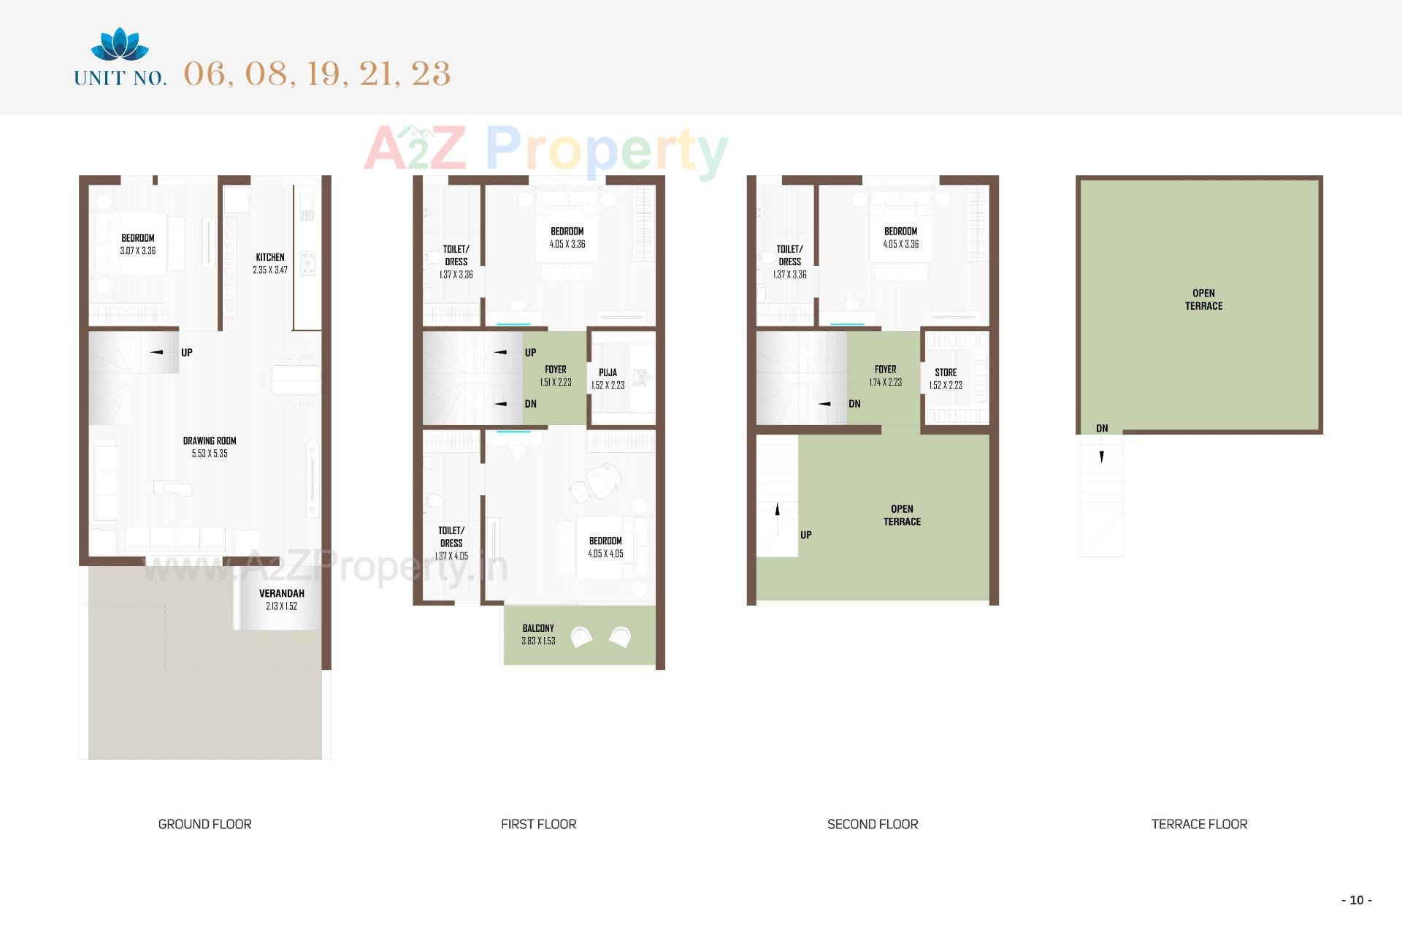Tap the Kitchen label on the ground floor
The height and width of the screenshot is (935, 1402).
click(270, 257)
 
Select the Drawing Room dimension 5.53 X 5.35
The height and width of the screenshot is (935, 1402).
click(210, 454)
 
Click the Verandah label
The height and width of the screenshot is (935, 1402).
click(281, 593)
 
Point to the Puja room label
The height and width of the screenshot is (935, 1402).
click(608, 373)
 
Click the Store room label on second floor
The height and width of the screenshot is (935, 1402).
click(946, 373)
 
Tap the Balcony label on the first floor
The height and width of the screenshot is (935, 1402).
click(538, 628)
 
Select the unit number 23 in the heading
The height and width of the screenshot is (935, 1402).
click(431, 74)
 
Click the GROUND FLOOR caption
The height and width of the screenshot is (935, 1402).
click(204, 824)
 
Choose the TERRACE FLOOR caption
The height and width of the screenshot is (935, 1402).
click(1199, 824)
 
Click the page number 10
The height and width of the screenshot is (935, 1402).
click(1356, 900)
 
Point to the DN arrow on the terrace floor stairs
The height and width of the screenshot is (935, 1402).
click(1102, 457)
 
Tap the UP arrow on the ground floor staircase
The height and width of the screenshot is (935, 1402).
click(157, 352)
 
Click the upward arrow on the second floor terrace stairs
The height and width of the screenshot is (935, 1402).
click(777, 509)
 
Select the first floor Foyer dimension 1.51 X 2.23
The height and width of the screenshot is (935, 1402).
click(556, 383)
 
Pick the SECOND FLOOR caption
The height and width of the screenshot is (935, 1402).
click(873, 824)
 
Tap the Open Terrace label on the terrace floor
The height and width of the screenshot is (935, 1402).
click(1203, 299)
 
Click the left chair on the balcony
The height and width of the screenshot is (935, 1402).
click(582, 637)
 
